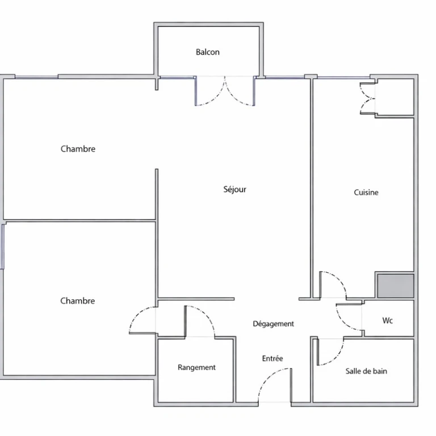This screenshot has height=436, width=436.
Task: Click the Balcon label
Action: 208,52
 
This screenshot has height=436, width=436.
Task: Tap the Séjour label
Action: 235,190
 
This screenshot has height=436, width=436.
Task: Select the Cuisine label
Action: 366,192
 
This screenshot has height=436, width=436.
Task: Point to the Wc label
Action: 388,320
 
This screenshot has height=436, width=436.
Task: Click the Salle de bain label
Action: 366,371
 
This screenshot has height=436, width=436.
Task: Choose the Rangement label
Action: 196,368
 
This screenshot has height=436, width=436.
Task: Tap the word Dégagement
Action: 273,324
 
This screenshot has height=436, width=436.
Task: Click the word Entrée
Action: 272,358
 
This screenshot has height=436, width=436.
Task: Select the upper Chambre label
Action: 78,149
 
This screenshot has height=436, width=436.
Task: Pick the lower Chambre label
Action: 78,300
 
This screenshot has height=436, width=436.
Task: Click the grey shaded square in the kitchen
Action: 395,286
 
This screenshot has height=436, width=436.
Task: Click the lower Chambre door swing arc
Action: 137,313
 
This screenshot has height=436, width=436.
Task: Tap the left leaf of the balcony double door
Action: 216,98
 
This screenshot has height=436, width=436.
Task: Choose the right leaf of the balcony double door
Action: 235,98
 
